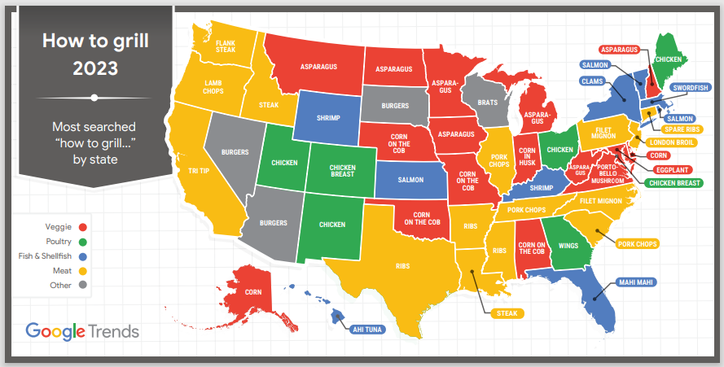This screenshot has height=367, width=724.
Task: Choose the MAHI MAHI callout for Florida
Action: tap(636, 282)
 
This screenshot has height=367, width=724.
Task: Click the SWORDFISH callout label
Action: tap(691, 88)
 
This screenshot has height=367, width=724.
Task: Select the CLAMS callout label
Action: tap(592, 81)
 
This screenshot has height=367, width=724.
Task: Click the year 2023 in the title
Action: tap(94, 67)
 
